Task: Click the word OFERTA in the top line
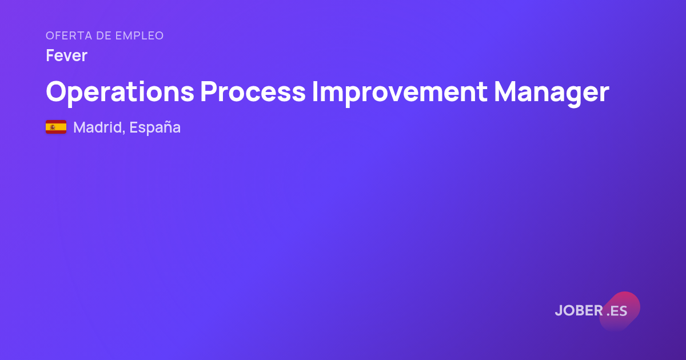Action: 69,35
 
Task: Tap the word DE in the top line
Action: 104,35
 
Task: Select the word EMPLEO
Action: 139,35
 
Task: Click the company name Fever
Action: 66,55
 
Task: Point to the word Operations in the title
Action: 120,91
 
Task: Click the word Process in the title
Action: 253,91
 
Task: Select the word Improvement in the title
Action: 400,91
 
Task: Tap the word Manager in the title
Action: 552,91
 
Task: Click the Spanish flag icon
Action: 56,127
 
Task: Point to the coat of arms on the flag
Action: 53,127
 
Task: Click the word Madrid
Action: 98,127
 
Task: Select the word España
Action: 155,127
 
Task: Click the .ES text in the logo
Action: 617,311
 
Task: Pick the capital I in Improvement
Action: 314,91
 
